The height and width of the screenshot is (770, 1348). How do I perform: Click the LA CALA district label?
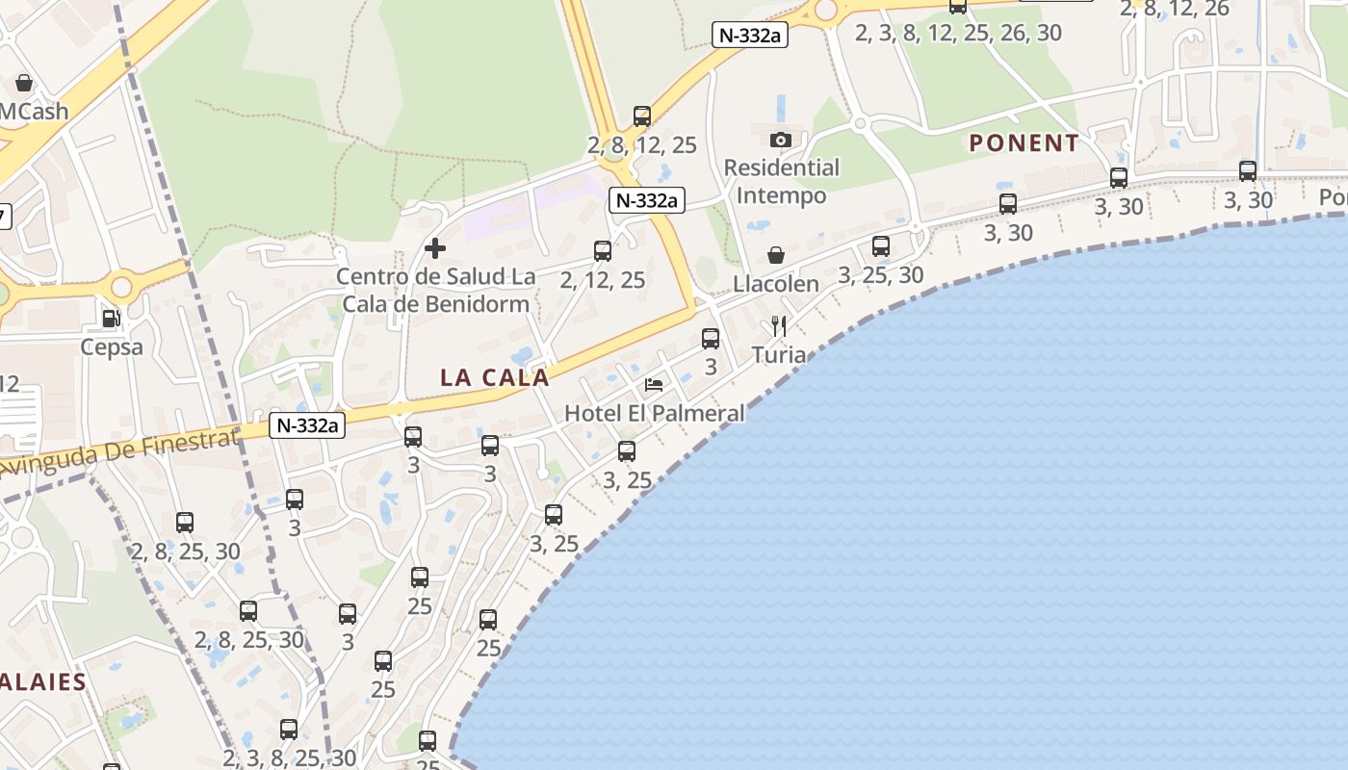coord(495,377)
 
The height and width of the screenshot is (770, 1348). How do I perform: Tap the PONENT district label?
coord(1024,143)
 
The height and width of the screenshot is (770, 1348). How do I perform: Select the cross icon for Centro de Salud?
coord(435,248)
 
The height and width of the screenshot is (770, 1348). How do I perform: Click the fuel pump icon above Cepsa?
coord(112,318)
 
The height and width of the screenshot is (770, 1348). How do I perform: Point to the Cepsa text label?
coord(112,346)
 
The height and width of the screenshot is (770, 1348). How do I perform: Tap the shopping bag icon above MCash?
coord(24,83)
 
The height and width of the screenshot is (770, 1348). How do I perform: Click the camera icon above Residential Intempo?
coord(781,140)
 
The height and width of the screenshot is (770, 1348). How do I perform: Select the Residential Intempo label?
coord(781,181)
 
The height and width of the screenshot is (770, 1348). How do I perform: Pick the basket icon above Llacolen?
coord(776,255)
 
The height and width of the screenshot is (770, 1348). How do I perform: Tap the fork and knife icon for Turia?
coord(779,326)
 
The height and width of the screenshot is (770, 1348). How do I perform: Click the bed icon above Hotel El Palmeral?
coord(654,385)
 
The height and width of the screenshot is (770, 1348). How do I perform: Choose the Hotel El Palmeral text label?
coord(655,413)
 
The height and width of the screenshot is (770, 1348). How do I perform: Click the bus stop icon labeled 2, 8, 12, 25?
coord(642,116)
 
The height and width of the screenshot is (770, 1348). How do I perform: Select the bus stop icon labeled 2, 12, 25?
coord(603,251)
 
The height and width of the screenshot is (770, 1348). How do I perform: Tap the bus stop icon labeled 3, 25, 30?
coord(881,246)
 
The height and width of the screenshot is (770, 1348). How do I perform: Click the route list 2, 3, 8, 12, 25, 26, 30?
coord(958,33)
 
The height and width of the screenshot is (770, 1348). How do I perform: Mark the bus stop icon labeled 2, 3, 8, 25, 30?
coord(289,730)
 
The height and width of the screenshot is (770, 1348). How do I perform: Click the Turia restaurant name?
coord(779,354)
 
